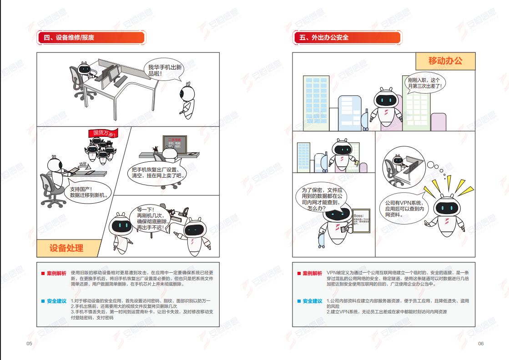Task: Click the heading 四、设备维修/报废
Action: click(x=69, y=38)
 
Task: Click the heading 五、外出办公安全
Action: click(x=324, y=38)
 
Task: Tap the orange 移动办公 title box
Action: click(x=445, y=61)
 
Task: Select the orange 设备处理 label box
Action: click(x=66, y=248)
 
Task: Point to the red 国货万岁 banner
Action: click(x=104, y=133)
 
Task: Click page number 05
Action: click(x=29, y=344)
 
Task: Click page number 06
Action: click(x=481, y=344)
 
